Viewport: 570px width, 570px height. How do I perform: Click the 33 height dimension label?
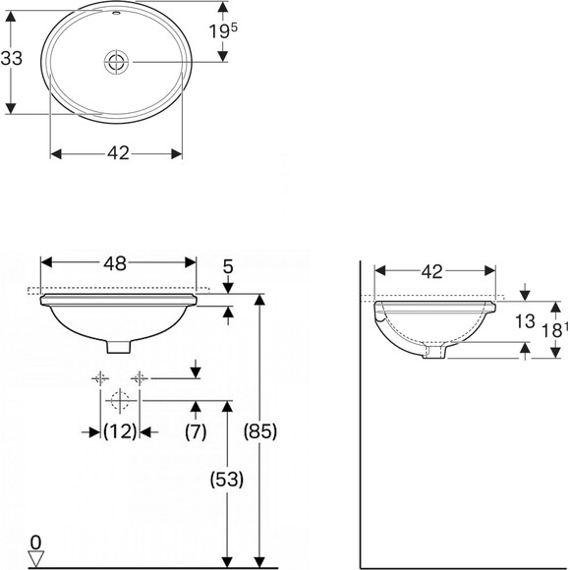[x=11, y=58]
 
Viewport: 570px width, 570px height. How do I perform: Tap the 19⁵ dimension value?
[x=223, y=30]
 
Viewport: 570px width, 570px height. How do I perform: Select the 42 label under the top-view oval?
[x=118, y=153]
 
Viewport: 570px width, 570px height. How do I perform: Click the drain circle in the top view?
[x=116, y=62]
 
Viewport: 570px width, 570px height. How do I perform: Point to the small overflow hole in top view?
[x=116, y=14]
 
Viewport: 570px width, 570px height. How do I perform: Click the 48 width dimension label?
[x=115, y=263]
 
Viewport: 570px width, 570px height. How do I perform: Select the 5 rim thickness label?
[x=228, y=267]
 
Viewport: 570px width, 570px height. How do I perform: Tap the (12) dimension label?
[x=120, y=431]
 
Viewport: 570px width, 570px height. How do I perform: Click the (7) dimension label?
[x=196, y=431]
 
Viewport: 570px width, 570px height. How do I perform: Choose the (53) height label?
[x=227, y=480]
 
